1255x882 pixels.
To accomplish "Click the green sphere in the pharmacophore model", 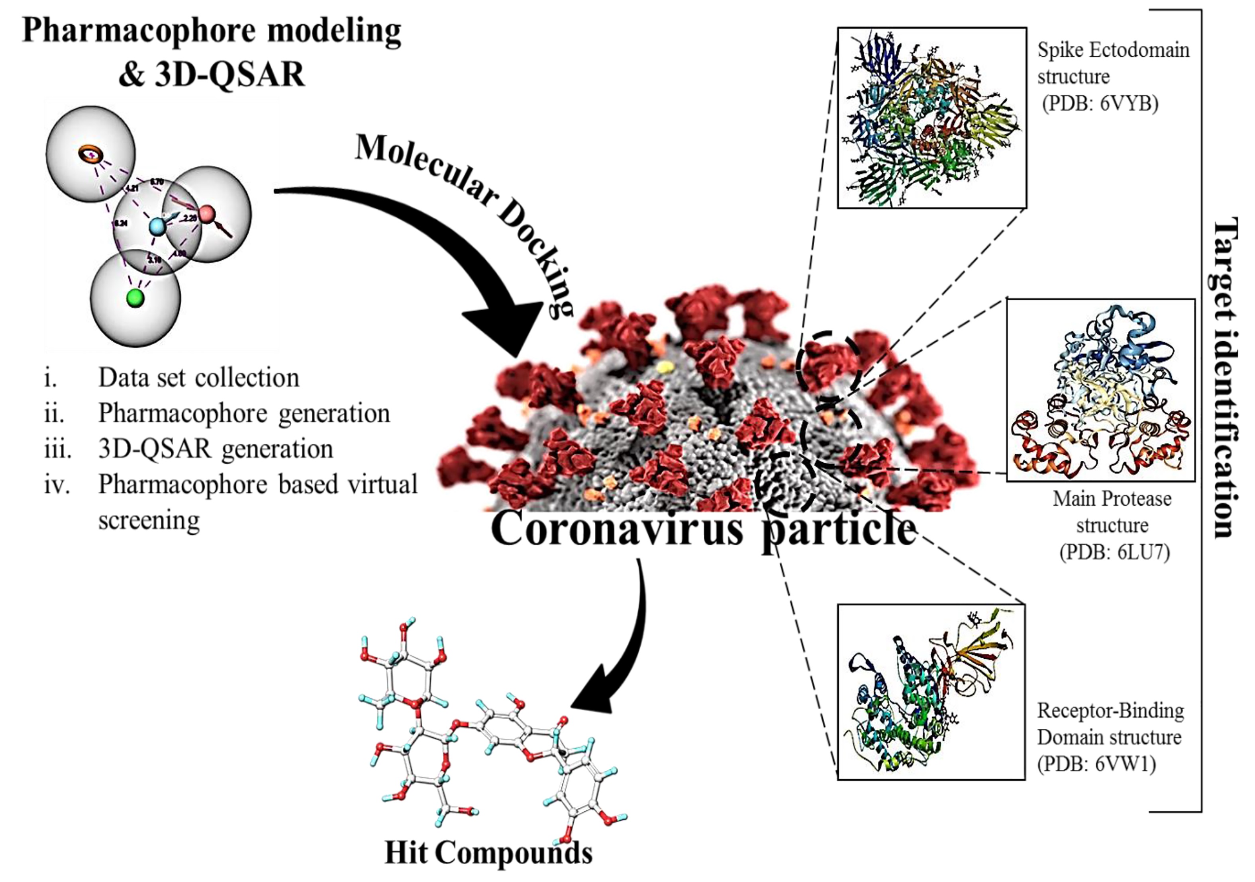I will pyautogui.click(x=135, y=298).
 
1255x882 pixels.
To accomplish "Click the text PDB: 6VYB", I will pyautogui.click(x=1100, y=103).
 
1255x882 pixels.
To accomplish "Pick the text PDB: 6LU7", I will pyautogui.click(x=1114, y=552).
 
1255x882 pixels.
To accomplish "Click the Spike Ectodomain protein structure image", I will pyautogui.click(x=931, y=118).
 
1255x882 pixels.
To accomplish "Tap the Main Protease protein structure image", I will pyautogui.click(x=1100, y=389).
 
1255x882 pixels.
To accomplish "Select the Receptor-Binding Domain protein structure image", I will pyautogui.click(x=931, y=692).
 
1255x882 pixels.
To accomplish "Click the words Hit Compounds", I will pyautogui.click(x=488, y=853).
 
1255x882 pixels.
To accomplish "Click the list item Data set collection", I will pyautogui.click(x=198, y=377).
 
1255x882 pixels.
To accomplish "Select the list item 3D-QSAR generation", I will pyautogui.click(x=216, y=449).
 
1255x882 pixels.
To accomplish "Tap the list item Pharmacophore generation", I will pyautogui.click(x=244, y=414).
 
